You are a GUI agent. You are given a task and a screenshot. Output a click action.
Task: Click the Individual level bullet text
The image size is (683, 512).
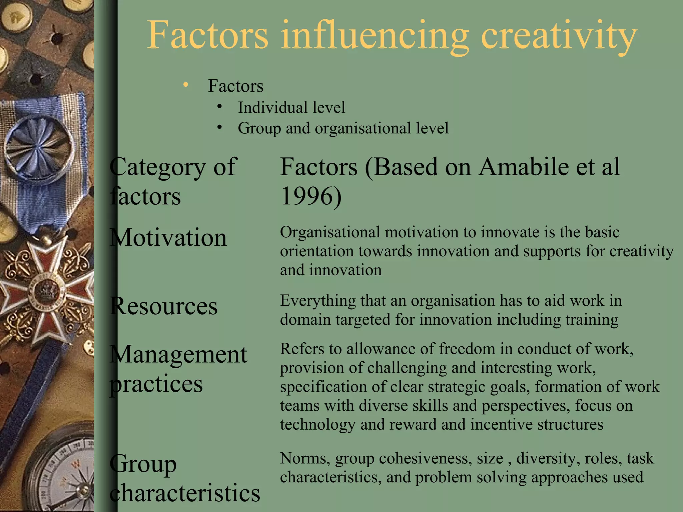(x=291, y=108)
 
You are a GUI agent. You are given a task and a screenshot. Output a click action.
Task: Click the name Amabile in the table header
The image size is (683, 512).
(x=524, y=167)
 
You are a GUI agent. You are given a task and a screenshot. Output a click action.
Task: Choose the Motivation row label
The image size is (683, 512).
(x=168, y=238)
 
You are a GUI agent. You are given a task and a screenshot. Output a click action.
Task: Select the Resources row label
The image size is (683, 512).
(x=164, y=306)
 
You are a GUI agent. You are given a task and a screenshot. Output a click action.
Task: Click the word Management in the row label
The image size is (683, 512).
(x=178, y=354)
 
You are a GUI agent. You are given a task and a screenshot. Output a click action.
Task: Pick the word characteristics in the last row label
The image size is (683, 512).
(x=185, y=493)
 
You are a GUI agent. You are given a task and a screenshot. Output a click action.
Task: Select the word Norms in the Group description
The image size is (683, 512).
(x=305, y=458)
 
